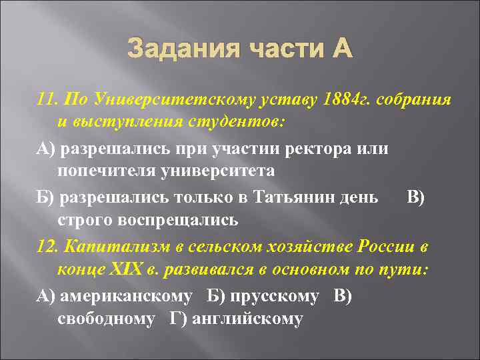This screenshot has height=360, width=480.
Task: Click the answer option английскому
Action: tap(247, 319)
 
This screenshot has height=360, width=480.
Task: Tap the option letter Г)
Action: tap(178, 319)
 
